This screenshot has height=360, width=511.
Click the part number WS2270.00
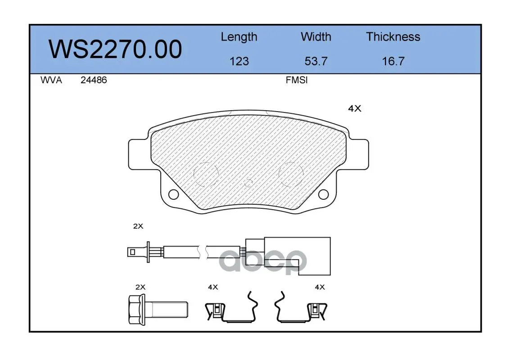[115, 49]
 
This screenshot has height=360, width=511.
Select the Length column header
[239, 37]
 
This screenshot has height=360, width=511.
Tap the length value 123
[239, 61]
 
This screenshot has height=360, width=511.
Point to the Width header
[316, 36]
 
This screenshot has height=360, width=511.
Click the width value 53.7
[316, 61]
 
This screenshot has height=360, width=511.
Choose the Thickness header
[393, 36]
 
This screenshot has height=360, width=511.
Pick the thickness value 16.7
[393, 61]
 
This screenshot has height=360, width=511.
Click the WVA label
[51, 80]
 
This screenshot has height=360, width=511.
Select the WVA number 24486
[94, 80]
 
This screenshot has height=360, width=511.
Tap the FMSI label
[297, 80]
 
